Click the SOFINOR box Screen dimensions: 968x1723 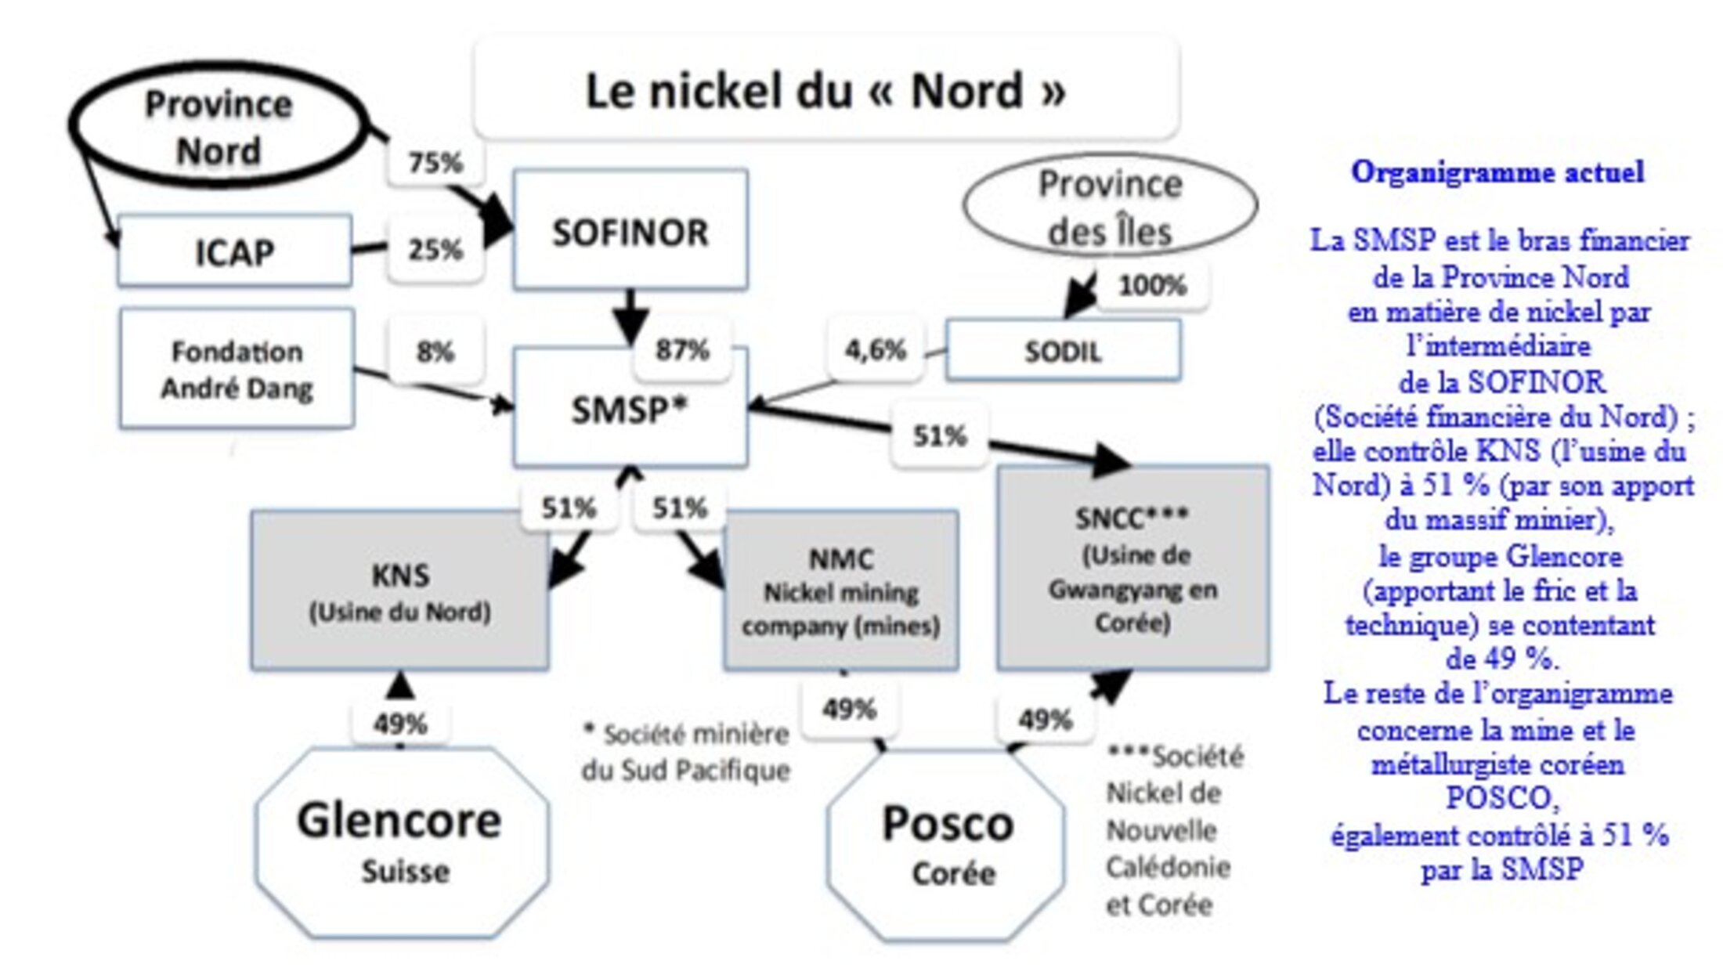point(630,231)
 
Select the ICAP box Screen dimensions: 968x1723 point(234,251)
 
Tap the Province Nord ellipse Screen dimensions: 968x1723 point(218,127)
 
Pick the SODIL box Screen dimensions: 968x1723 point(1063,351)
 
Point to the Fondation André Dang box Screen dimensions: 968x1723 point(237,369)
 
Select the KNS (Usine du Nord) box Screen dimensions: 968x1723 point(399,591)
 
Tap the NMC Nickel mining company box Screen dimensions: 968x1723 point(840,592)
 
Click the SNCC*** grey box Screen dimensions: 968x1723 point(1132,569)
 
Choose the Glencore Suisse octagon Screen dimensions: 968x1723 point(401,842)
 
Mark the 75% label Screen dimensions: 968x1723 point(435,163)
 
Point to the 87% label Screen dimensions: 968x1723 point(682,349)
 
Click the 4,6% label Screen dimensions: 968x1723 point(875,349)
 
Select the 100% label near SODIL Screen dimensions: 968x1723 point(1152,285)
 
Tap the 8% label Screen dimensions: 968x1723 point(435,352)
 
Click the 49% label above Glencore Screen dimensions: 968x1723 point(400,724)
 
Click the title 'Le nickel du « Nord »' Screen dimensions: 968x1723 point(825,90)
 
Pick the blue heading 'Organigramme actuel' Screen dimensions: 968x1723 point(1497,172)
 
